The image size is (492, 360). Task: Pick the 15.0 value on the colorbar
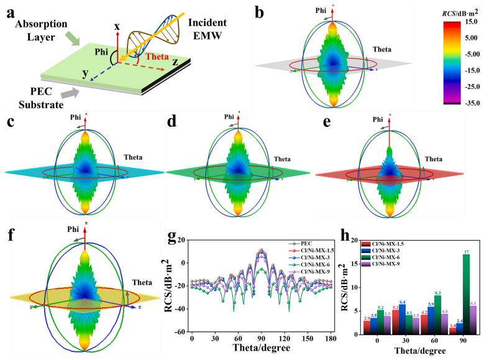(x=470, y=22)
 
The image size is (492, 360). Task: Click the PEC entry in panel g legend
(x=299, y=244)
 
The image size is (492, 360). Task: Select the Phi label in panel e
(x=373, y=119)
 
